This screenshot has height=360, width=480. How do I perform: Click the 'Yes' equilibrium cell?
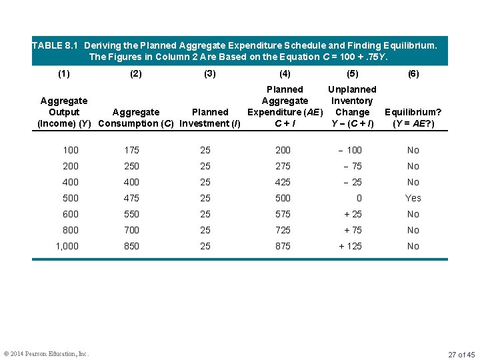(413, 198)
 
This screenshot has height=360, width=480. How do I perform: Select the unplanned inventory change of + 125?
(350, 246)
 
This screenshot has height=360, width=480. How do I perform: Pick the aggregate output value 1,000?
(67, 246)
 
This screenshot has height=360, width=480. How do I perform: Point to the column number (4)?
(285, 74)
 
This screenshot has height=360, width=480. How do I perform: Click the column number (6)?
(413, 74)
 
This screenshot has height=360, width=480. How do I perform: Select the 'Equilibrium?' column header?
(413, 117)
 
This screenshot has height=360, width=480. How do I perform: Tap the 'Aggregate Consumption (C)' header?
(136, 117)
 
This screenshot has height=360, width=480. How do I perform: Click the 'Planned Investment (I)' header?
(210, 117)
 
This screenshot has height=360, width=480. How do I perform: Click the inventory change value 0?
(359, 198)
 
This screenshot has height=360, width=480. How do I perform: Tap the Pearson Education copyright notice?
(47, 353)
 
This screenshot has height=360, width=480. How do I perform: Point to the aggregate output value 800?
(71, 230)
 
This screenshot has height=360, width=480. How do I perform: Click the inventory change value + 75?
(353, 230)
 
